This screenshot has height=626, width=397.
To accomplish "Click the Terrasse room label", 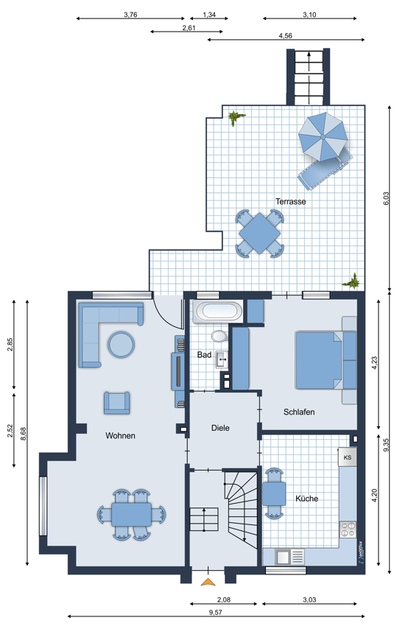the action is (290, 202).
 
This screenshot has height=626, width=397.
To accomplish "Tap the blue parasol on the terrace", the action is (323, 136).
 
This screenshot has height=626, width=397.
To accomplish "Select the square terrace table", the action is (259, 233).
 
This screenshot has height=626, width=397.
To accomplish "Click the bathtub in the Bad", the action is (217, 312).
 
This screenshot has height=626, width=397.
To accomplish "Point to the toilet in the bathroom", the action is (219, 336).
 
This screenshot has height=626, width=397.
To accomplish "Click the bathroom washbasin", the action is (222, 359).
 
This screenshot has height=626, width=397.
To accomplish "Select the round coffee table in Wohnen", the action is (121, 344).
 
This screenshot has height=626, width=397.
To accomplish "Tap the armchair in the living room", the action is (116, 402).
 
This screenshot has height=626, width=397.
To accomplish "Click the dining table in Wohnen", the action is (131, 515).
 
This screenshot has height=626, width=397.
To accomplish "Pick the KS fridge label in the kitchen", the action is (348, 457).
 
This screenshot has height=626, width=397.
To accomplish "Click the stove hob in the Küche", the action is (348, 530).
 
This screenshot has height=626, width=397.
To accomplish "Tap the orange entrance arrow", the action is (208, 582).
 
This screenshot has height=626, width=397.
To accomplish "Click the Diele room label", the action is (220, 428).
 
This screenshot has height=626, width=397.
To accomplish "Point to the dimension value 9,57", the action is (216, 613).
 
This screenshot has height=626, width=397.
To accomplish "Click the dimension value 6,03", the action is (385, 199).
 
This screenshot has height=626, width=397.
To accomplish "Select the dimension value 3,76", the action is (130, 15).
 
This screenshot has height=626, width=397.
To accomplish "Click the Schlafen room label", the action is (299, 412).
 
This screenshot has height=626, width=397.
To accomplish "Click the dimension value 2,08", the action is (224, 599).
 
